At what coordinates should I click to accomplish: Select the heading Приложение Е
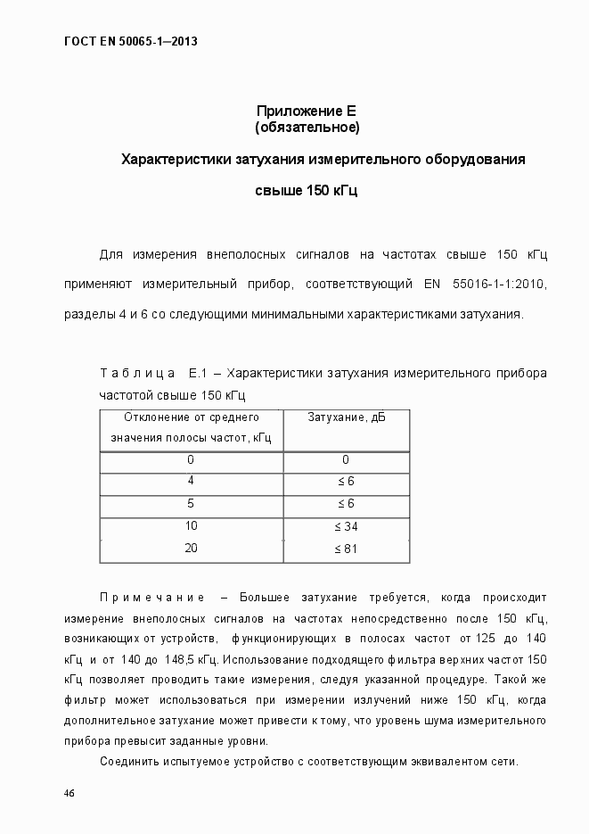(x=307, y=111)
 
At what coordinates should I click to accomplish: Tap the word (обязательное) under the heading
(x=307, y=128)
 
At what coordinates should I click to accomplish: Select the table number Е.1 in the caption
(x=197, y=373)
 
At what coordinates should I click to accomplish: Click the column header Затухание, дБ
(x=346, y=417)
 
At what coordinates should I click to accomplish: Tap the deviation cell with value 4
(x=191, y=482)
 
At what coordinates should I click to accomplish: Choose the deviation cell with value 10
(x=191, y=527)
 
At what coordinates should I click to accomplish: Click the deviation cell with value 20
(x=191, y=549)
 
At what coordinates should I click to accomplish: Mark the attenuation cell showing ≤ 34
(x=346, y=527)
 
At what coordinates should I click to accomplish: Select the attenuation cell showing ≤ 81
(x=346, y=549)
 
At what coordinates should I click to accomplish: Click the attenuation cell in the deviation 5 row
(x=346, y=504)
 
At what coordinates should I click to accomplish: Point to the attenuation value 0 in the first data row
(x=346, y=460)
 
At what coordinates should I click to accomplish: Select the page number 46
(x=70, y=794)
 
